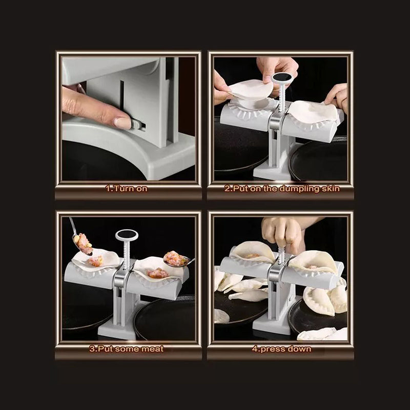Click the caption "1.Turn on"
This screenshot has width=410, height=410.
(x=126, y=189)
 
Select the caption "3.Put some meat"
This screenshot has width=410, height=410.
(x=126, y=349)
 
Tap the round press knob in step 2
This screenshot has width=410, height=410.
(x=280, y=78)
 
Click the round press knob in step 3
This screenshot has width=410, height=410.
(x=127, y=235)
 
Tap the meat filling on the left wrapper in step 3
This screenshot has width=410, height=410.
(x=95, y=261)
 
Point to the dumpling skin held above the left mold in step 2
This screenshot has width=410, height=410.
(x=251, y=90)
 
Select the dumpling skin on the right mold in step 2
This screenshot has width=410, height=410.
(x=314, y=111)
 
